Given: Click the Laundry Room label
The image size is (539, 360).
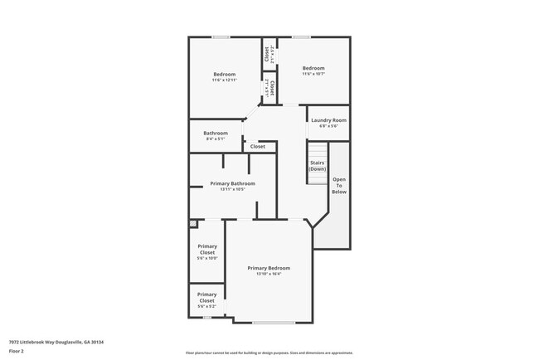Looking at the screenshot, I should click(x=328, y=120).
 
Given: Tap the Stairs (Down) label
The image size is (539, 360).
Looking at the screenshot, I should click(x=317, y=166).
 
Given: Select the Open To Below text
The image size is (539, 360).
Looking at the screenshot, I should click(x=339, y=186).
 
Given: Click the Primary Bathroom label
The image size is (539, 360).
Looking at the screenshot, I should click(x=232, y=183).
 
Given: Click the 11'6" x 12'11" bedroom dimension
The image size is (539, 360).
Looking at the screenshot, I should click(x=224, y=80).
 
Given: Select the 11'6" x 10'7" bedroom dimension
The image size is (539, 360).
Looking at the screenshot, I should click(x=313, y=74).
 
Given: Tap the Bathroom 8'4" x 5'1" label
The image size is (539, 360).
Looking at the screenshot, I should click(x=216, y=135).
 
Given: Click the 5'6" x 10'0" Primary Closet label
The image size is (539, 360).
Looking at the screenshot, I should click(x=206, y=252).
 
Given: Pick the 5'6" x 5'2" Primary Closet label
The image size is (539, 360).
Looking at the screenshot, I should click(x=206, y=300).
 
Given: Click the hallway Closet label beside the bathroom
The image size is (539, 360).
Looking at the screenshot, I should click(x=258, y=146).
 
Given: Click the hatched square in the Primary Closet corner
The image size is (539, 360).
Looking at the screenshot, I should click(x=194, y=223).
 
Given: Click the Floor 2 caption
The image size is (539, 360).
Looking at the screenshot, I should click(x=17, y=351).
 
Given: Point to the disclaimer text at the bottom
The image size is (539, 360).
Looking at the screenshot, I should click(x=269, y=353).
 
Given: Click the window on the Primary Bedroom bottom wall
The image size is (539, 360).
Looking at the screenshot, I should click(x=274, y=322).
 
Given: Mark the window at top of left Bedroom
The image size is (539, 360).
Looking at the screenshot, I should click(x=221, y=36).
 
